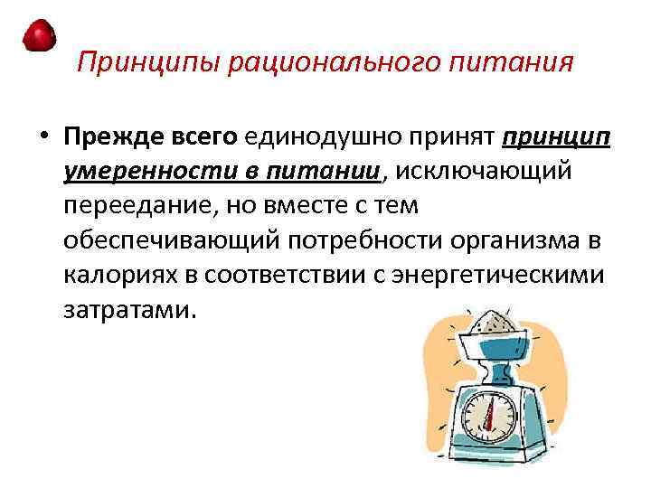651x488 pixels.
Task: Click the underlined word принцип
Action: point(557,137)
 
